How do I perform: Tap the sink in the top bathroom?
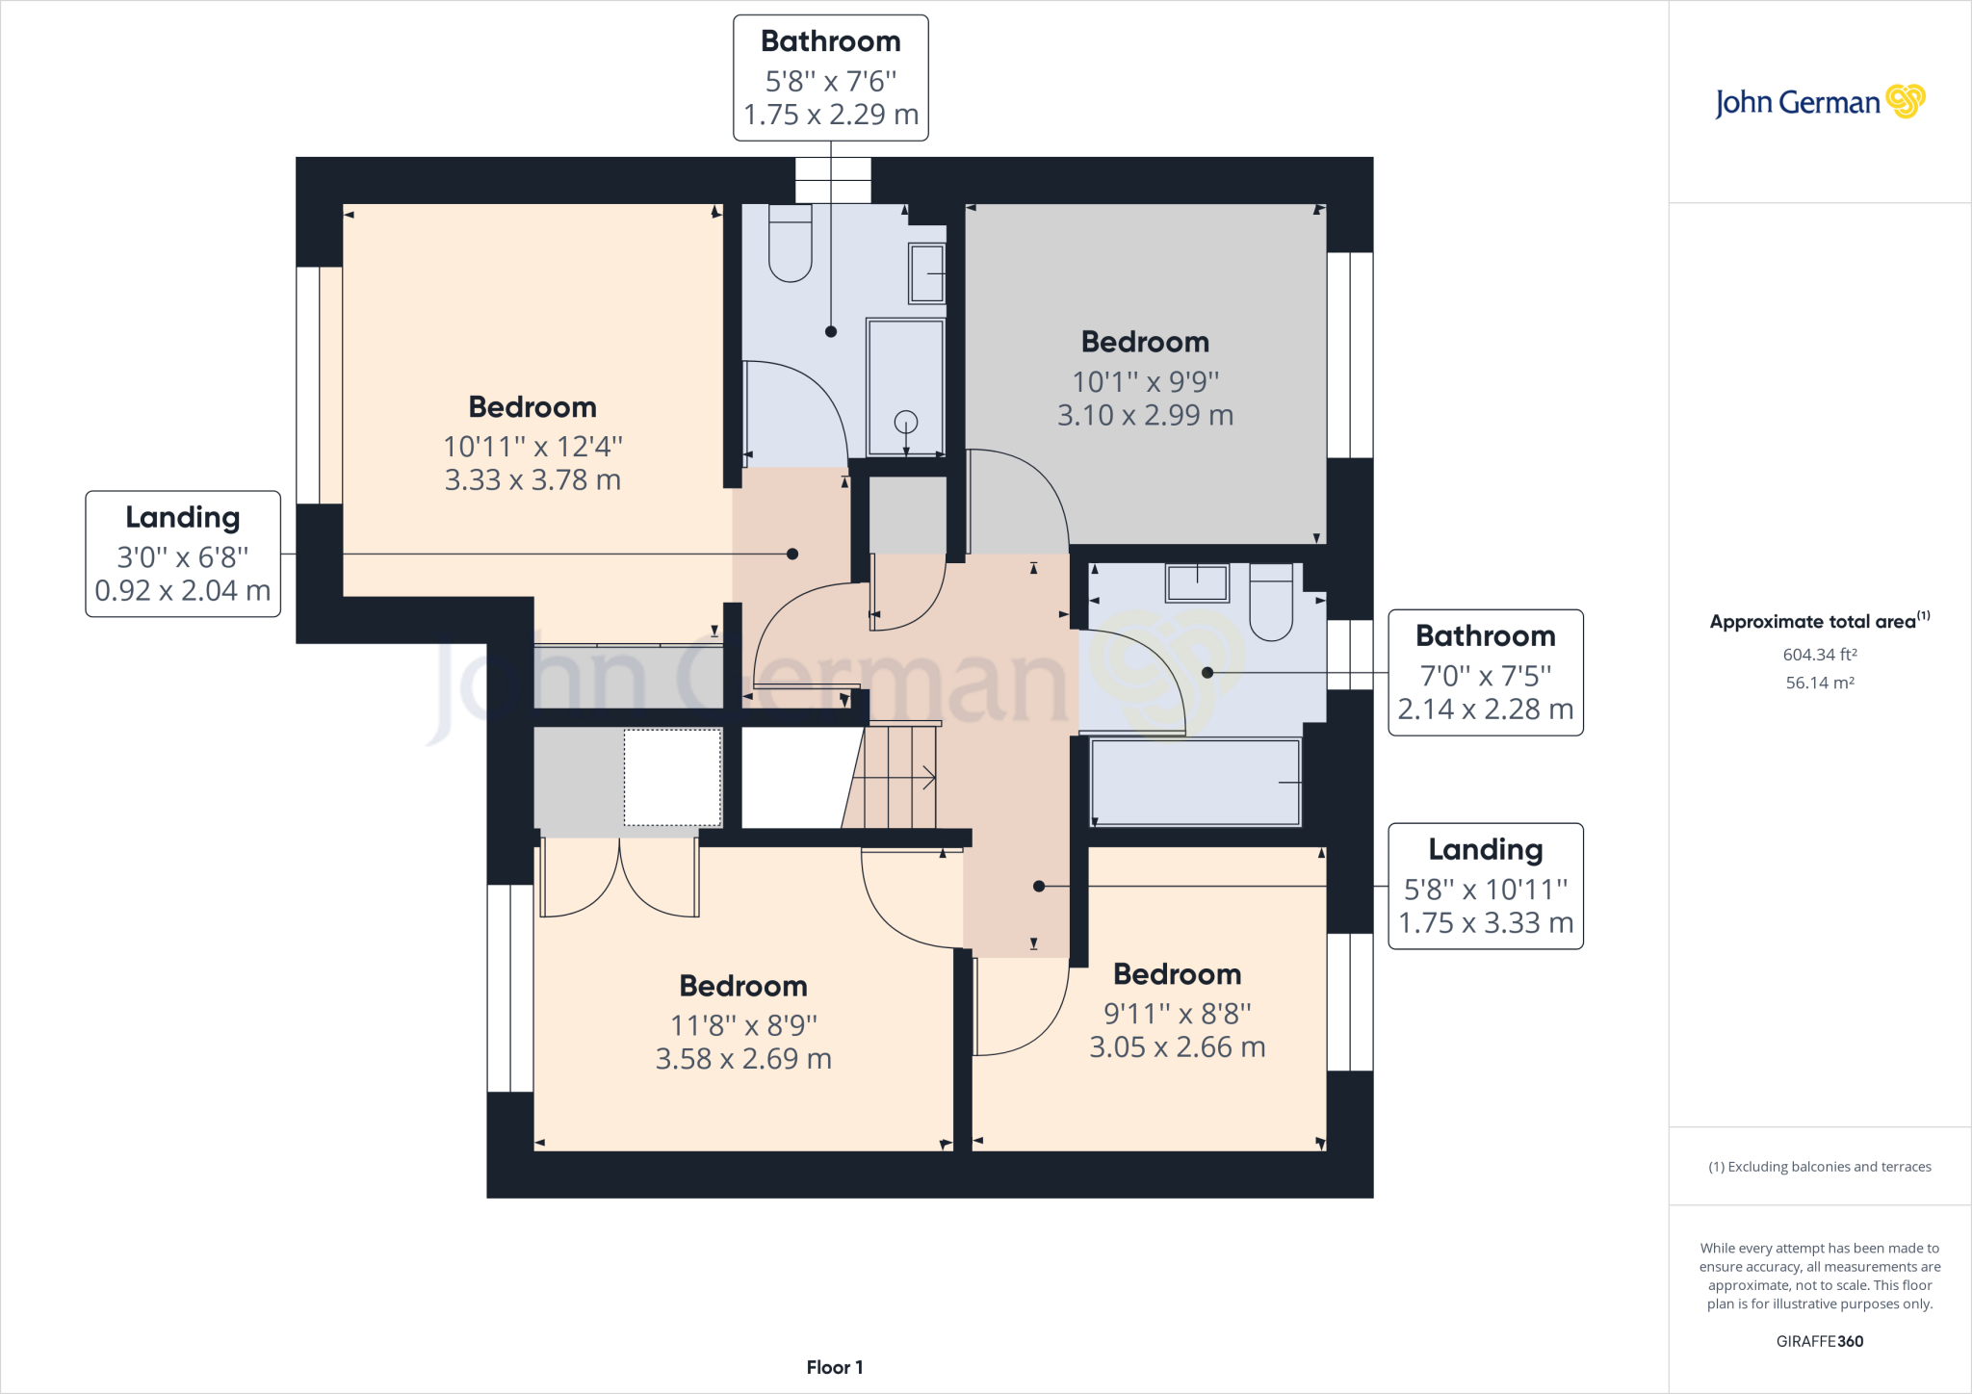click(926, 273)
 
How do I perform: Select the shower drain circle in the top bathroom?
click(905, 422)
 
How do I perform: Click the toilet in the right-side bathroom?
click(1271, 604)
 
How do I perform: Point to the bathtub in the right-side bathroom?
click(1195, 783)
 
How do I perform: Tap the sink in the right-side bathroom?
click(1197, 583)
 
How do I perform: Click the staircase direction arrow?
click(927, 778)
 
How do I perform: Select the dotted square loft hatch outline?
click(672, 778)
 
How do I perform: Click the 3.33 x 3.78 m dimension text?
click(532, 479)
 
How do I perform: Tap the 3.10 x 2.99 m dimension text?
click(1145, 415)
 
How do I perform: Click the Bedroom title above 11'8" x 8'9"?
click(742, 986)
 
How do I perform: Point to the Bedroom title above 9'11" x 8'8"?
click(1177, 974)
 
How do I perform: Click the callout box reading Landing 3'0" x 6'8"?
click(183, 554)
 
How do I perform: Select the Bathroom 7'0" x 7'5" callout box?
click(1485, 673)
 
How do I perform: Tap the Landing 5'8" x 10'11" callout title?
click(1485, 849)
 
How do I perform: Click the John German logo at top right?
click(1819, 102)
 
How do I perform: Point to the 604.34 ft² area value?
click(1819, 655)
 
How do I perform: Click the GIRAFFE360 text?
click(1819, 1341)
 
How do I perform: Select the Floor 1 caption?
click(835, 1367)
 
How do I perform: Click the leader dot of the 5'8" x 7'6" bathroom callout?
click(831, 331)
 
